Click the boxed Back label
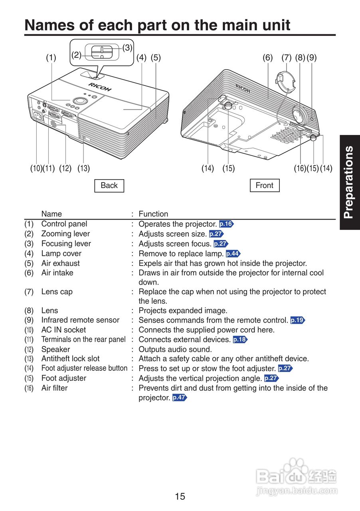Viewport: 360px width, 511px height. click(x=109, y=186)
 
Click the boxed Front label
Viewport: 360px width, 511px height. click(x=264, y=186)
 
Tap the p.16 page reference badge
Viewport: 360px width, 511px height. click(x=226, y=224)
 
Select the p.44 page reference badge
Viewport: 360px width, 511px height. click(x=233, y=254)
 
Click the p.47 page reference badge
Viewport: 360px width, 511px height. click(x=180, y=398)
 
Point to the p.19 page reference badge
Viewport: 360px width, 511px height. click(x=298, y=320)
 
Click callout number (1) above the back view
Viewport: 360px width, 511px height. click(x=51, y=57)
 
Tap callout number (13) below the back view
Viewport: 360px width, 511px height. click(x=83, y=168)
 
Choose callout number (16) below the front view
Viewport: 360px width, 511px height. click(x=300, y=168)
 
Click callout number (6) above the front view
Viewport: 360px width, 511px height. click(x=267, y=57)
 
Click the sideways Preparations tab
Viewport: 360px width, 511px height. click(x=349, y=182)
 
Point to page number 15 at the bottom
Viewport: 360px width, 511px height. click(x=180, y=497)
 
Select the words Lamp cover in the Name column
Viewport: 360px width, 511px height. click(x=61, y=254)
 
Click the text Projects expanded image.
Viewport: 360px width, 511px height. click(x=183, y=311)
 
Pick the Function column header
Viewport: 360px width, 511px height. click(x=153, y=214)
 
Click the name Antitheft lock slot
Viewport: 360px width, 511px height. click(x=70, y=359)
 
